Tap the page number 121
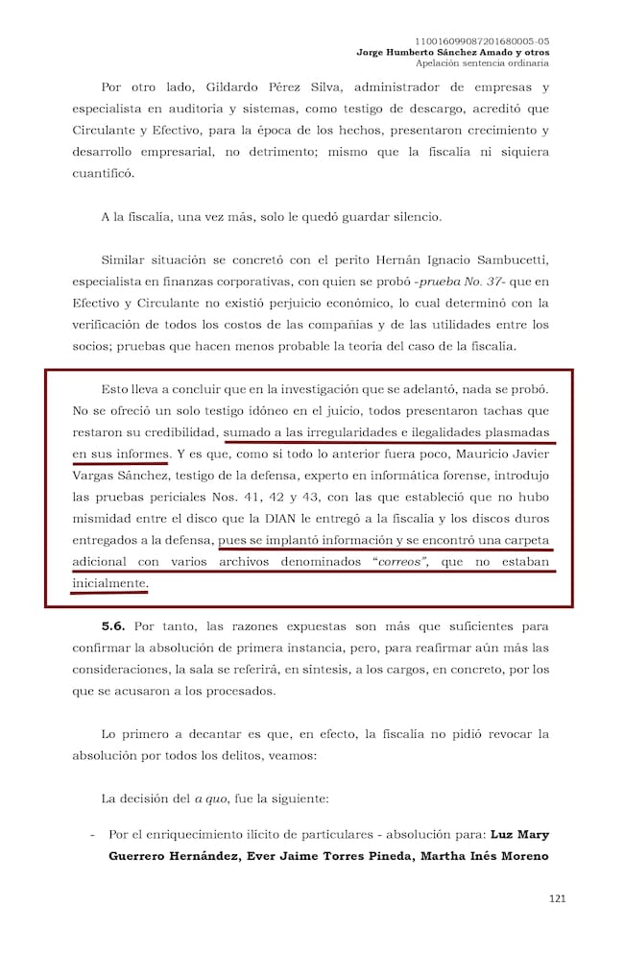pos(557,898)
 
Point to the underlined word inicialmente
pos(109,583)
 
